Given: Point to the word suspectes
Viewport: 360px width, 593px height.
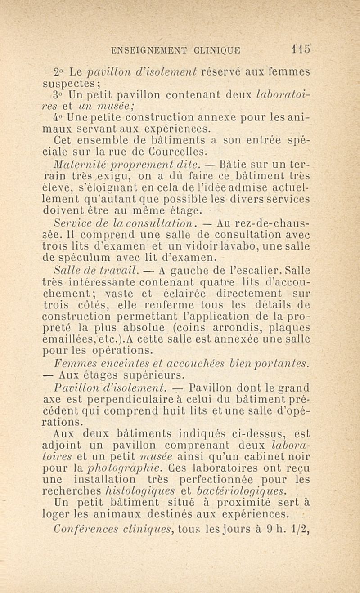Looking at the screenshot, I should tap(74, 84).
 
